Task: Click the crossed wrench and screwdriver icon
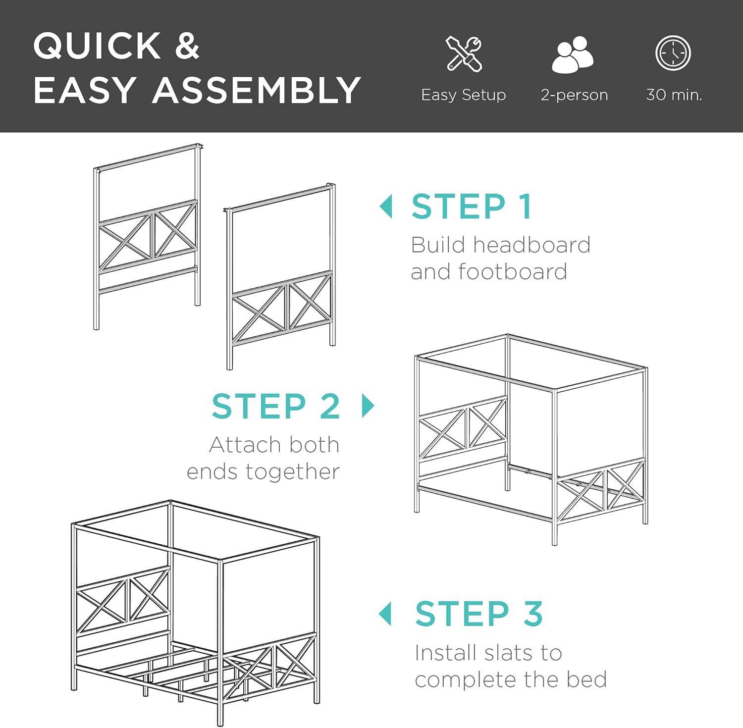(x=464, y=53)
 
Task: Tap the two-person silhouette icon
(x=573, y=54)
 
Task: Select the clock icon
(x=673, y=53)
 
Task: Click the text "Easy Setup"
(x=463, y=95)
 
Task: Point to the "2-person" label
(x=574, y=95)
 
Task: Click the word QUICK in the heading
(x=97, y=46)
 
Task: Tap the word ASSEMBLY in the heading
(x=257, y=90)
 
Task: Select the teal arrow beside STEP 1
(x=385, y=206)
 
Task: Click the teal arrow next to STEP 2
(x=368, y=406)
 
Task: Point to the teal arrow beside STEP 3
(x=385, y=614)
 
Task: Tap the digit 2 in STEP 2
(x=329, y=406)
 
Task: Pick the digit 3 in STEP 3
(x=532, y=614)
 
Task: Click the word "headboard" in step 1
(x=531, y=245)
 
